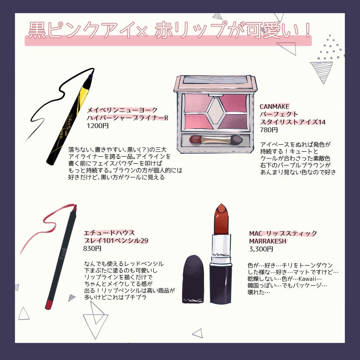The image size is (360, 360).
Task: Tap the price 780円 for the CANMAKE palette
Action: coord(269,130)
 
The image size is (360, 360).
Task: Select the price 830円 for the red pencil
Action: coord(92,249)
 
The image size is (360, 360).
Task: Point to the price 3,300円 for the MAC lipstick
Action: coord(261,249)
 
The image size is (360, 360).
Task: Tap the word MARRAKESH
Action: coord(268,241)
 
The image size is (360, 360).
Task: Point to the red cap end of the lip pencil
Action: coord(49,303)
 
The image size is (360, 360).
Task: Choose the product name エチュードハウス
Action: coord(109,233)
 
